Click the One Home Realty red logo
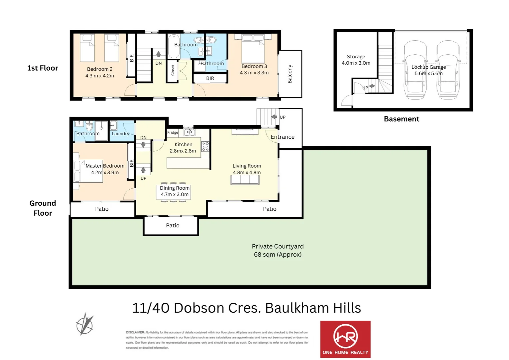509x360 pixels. point(345,339)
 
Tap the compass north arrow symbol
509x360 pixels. point(85,324)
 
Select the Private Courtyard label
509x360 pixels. point(277,250)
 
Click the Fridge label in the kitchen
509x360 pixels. point(173,133)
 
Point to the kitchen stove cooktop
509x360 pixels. point(205,147)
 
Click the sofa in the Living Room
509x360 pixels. point(245,180)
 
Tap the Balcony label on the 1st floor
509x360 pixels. point(290,74)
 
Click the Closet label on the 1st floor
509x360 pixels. point(173,70)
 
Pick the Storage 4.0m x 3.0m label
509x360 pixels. point(356,60)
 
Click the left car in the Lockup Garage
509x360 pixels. point(415,70)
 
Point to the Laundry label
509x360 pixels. point(120,134)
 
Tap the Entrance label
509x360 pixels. point(282,137)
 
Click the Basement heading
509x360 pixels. point(401,119)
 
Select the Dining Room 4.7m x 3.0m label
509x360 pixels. point(175,191)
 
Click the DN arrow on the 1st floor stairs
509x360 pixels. point(159,54)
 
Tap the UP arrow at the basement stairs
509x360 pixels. point(372,86)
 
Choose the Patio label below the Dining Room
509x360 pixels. point(173,226)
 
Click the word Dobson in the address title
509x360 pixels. point(199,308)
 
